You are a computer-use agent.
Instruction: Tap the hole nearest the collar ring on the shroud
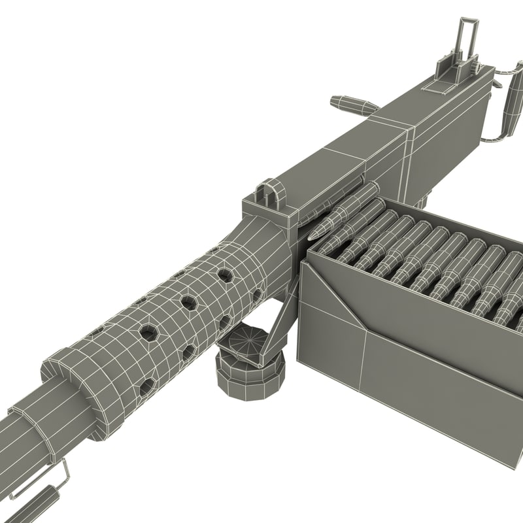[x=146, y=386]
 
